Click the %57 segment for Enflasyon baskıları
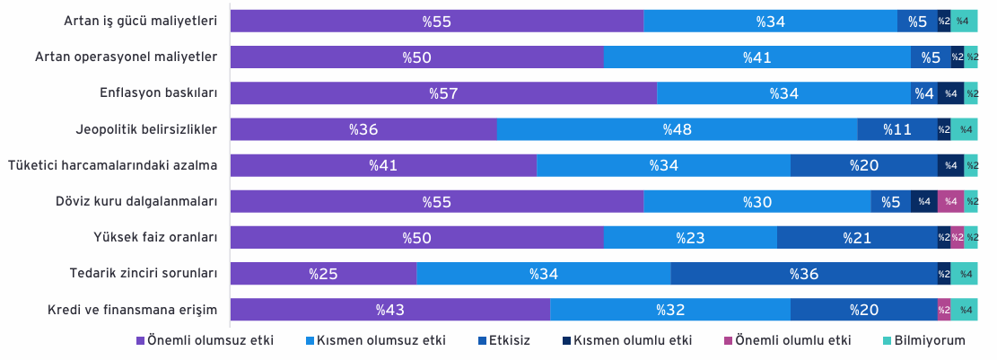(x=443, y=93)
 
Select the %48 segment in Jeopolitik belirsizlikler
(x=678, y=130)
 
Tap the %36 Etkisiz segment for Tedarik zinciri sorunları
(x=804, y=274)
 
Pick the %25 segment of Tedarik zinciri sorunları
(x=323, y=274)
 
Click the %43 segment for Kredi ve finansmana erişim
(x=389, y=310)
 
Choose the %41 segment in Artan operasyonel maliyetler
(x=757, y=57)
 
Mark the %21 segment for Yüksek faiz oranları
(x=857, y=238)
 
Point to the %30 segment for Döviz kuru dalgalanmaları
(x=757, y=202)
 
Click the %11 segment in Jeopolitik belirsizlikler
(x=897, y=130)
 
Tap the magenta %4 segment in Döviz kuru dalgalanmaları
(x=950, y=202)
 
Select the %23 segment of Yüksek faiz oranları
(x=690, y=238)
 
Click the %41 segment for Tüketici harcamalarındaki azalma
(x=383, y=166)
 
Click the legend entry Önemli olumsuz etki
(x=206, y=340)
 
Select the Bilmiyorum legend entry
(x=924, y=340)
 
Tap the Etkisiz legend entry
(x=504, y=340)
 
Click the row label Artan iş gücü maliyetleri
(x=141, y=21)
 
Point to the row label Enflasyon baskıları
(x=159, y=92)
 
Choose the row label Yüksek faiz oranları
(x=156, y=238)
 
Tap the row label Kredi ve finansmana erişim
(x=133, y=311)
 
